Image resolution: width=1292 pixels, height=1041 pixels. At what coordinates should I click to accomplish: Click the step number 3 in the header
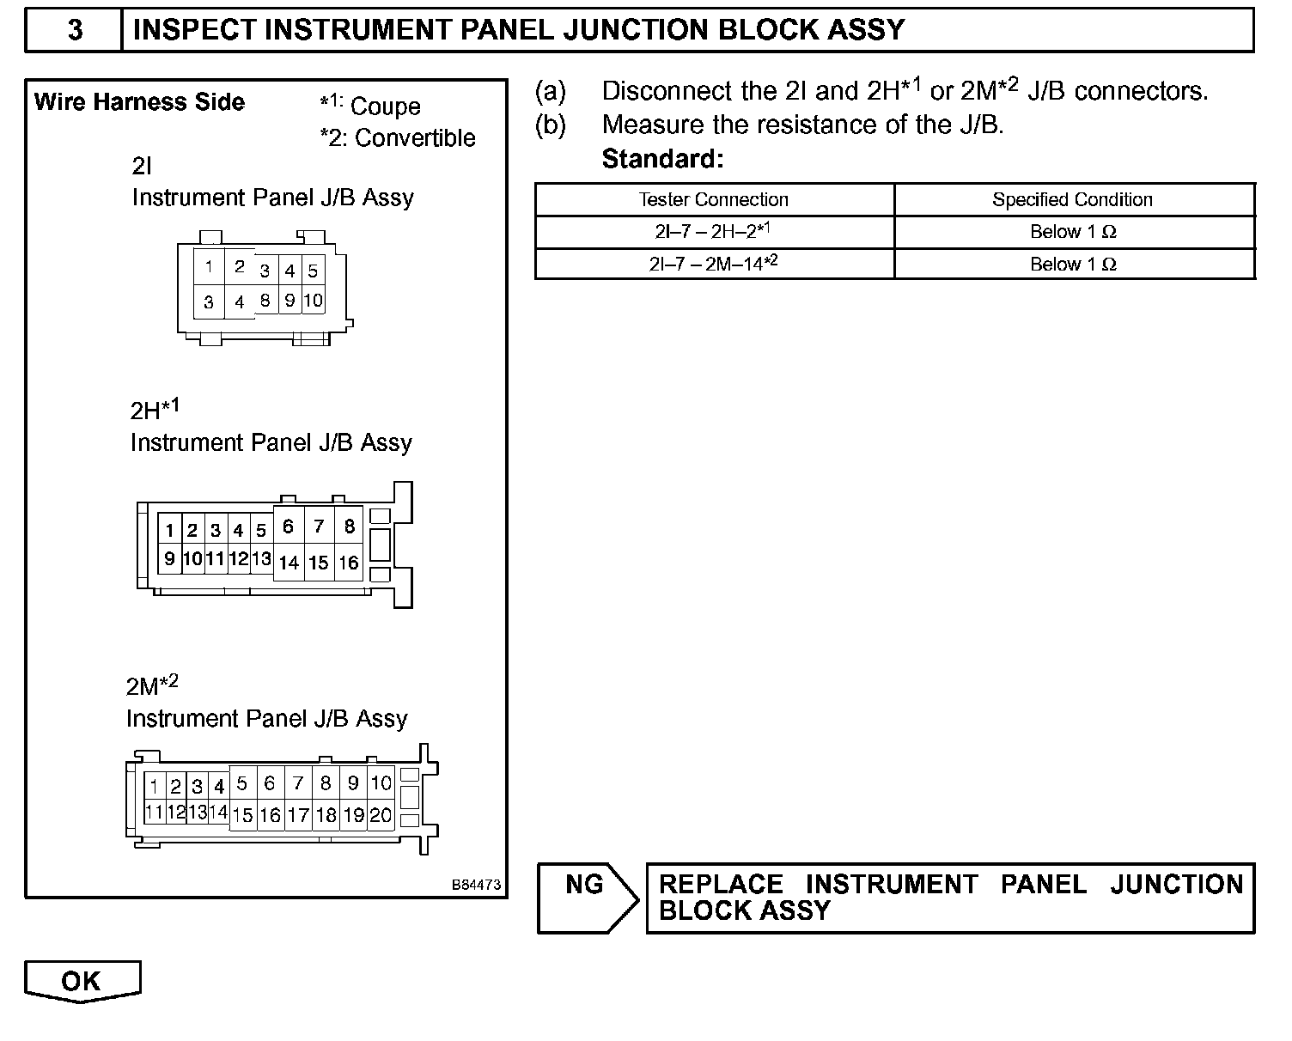75,30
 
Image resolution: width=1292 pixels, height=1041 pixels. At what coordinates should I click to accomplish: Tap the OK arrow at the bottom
82,981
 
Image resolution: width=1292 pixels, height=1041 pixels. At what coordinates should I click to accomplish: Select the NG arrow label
585,885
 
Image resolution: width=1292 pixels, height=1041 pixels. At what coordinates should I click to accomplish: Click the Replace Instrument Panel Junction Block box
950,898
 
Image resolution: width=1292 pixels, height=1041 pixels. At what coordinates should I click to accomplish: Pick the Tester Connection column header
714,199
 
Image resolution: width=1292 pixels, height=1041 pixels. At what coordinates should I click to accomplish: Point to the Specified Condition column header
1072,199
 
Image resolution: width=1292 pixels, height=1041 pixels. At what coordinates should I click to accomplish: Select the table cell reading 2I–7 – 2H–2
714,232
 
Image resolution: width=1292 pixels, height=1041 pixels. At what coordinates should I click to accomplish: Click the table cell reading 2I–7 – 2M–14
714,264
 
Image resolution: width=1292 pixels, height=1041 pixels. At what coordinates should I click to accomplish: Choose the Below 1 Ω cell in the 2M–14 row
1073,264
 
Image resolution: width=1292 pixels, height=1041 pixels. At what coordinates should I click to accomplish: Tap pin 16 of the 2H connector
348,563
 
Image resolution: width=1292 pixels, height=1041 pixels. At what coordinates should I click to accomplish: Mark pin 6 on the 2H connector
288,526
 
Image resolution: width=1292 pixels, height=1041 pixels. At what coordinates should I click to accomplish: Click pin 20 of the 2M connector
381,815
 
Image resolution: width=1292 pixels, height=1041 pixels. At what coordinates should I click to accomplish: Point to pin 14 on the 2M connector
218,812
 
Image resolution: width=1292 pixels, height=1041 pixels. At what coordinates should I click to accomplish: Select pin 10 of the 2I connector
313,300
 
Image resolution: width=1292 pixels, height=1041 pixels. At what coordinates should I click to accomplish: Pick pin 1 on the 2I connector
209,266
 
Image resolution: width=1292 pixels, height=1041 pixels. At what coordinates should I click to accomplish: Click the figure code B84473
477,885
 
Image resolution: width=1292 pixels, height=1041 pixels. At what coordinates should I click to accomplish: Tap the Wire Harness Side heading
139,102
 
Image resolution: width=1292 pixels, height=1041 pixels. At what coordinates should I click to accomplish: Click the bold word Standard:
662,159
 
